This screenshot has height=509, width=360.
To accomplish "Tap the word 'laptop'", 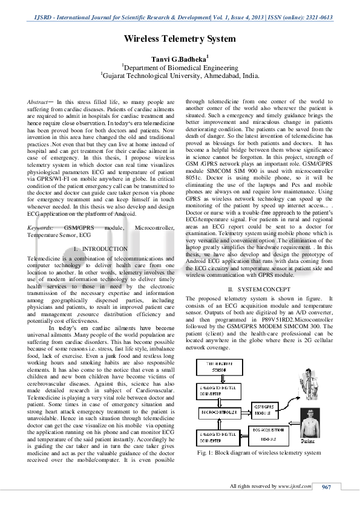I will (194, 248).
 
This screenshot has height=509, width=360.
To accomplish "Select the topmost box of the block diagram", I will (216, 367).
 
